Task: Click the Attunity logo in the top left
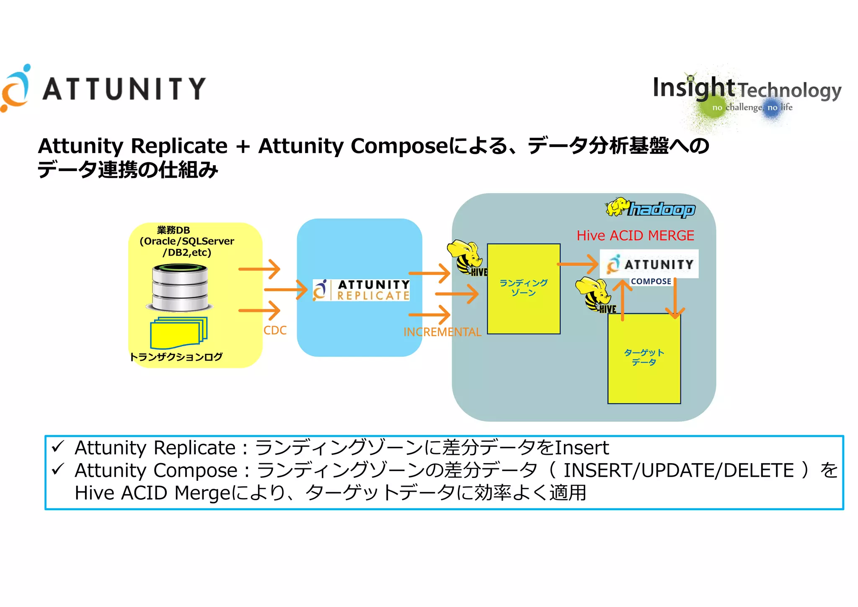[x=103, y=88]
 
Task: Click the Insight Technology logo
[x=747, y=93]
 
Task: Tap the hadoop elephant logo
[x=650, y=208]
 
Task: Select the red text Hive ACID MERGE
[x=635, y=236]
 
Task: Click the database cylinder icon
[x=180, y=288]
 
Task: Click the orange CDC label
[x=275, y=330]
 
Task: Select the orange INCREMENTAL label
[x=442, y=332]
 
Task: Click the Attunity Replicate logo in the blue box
[x=361, y=290]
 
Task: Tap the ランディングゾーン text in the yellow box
[x=523, y=288]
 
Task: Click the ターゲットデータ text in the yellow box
[x=644, y=357]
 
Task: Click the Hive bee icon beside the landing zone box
[x=466, y=257]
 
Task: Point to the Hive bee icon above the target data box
[x=595, y=294]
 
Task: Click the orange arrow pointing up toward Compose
[x=623, y=300]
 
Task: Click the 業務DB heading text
[x=173, y=230]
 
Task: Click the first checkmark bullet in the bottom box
[x=58, y=446]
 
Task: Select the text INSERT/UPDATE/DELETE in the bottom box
[x=678, y=470]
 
